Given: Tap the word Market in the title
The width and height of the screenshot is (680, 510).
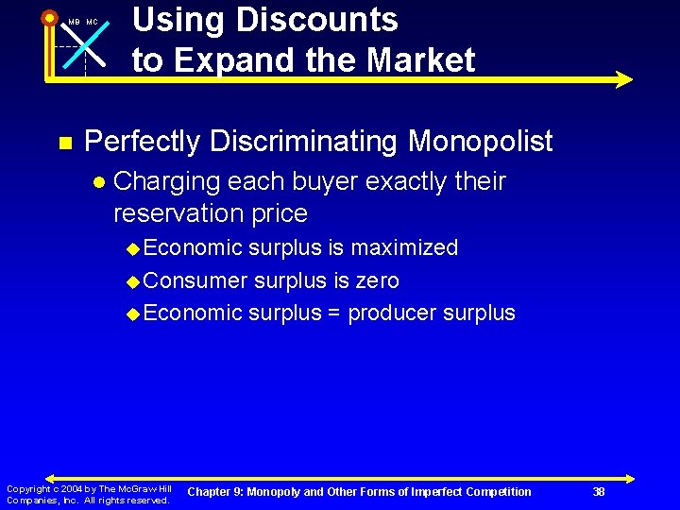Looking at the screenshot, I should point(420,60).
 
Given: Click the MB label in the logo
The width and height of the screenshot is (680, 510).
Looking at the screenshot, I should point(73,22).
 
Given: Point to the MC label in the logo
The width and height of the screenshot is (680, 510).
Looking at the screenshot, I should point(92,22).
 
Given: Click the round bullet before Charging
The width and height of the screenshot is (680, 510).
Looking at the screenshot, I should point(99,181).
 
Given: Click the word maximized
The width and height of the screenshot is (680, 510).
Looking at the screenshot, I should point(405,248).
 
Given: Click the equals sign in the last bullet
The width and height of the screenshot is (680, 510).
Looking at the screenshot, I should point(334,314).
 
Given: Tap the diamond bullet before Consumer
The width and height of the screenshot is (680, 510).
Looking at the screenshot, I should point(134,281).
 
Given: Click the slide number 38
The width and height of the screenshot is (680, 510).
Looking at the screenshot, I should point(599,491).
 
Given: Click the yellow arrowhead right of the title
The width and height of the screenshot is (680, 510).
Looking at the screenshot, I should point(623,80).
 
